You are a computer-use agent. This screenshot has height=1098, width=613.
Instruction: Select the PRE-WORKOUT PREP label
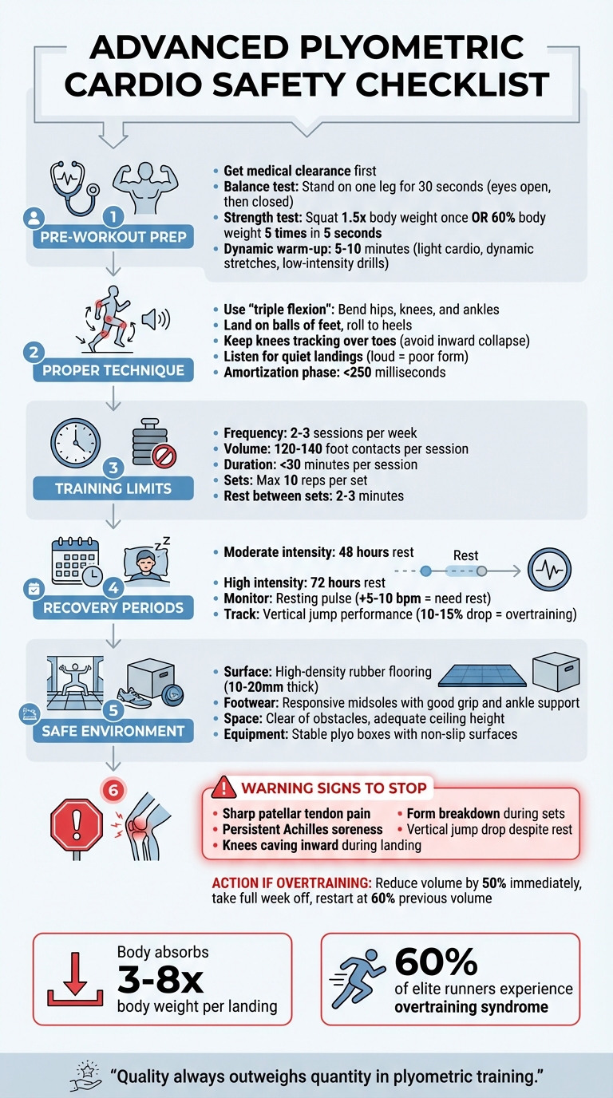click(113, 237)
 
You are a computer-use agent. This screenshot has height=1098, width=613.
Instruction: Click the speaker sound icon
click(155, 319)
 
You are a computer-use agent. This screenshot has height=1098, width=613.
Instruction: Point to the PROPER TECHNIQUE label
click(113, 370)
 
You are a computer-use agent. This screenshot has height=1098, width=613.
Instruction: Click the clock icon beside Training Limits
click(75, 442)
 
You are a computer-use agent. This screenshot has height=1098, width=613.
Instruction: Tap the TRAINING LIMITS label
click(113, 488)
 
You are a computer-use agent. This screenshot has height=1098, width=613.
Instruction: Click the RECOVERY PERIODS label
click(113, 607)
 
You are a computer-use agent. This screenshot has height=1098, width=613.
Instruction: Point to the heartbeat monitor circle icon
click(551, 571)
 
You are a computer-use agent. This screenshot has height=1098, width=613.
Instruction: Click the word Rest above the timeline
click(465, 555)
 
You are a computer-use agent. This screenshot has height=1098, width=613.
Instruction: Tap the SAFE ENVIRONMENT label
click(113, 730)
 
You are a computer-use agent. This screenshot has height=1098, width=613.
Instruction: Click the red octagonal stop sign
click(77, 823)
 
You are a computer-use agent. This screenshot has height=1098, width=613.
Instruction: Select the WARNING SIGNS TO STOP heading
click(333, 788)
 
